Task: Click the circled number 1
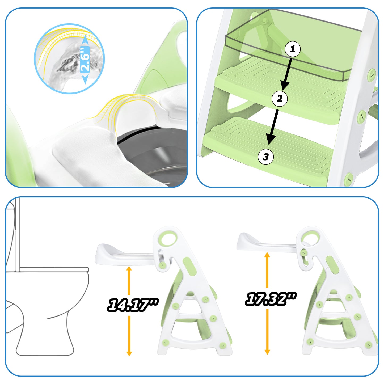click(293, 49)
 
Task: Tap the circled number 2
click(280, 98)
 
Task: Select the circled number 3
click(266, 157)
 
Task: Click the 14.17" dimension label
click(133, 305)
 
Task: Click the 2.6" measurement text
click(85, 59)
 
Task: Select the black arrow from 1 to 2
click(288, 74)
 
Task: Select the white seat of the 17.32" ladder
click(265, 243)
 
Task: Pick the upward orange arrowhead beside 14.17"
click(129, 270)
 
